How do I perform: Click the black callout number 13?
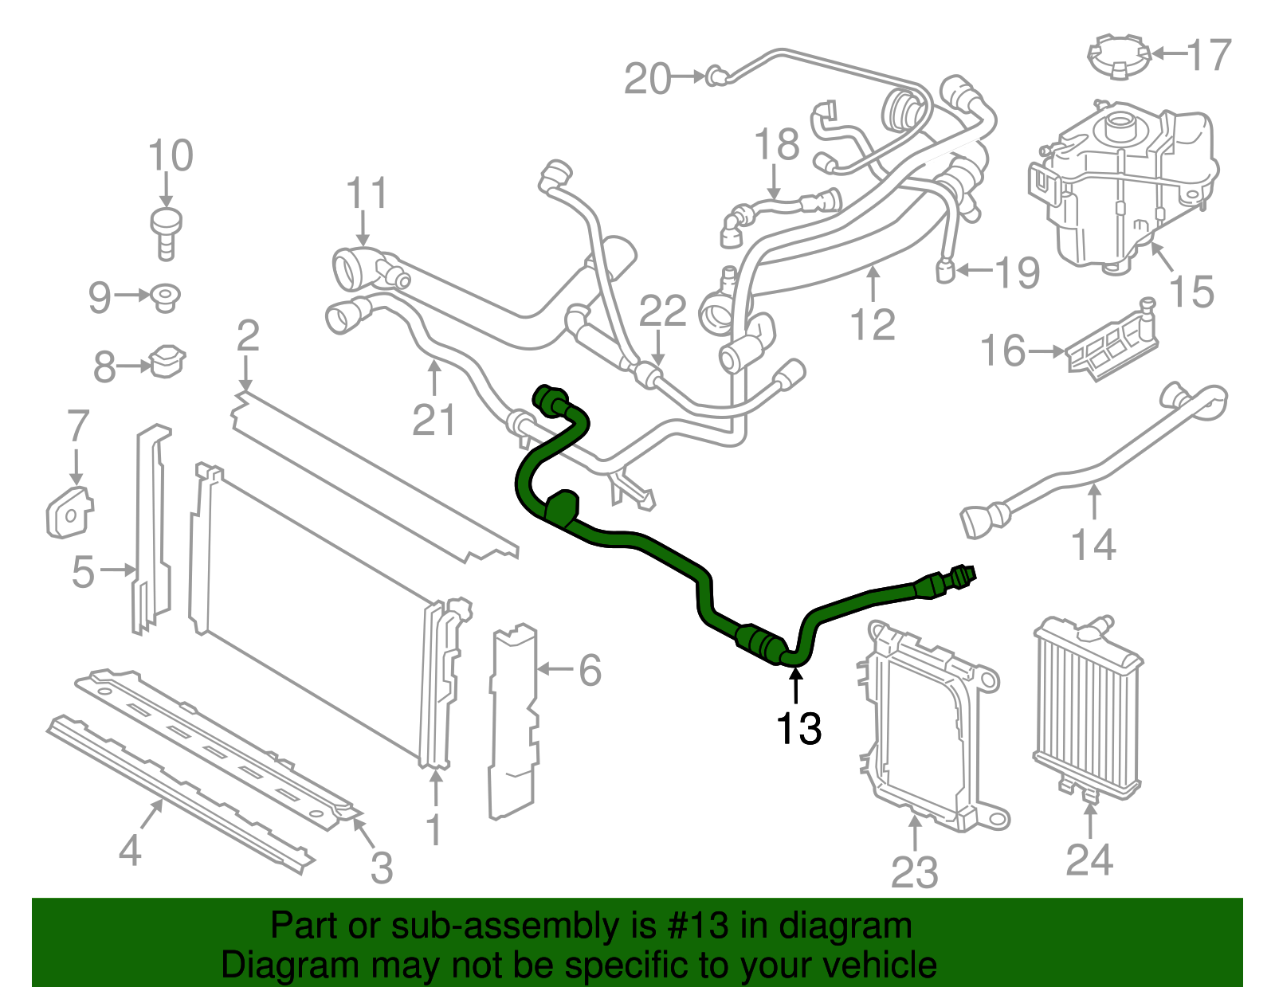798,729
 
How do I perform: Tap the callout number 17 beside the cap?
1209,55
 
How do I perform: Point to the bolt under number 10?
166,232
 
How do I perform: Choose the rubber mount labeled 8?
167,362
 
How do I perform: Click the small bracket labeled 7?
69,511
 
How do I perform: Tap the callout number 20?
647,79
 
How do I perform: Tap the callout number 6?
590,670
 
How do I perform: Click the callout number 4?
130,850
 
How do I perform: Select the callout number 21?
434,420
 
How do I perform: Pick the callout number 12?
873,324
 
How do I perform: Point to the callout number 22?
663,311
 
